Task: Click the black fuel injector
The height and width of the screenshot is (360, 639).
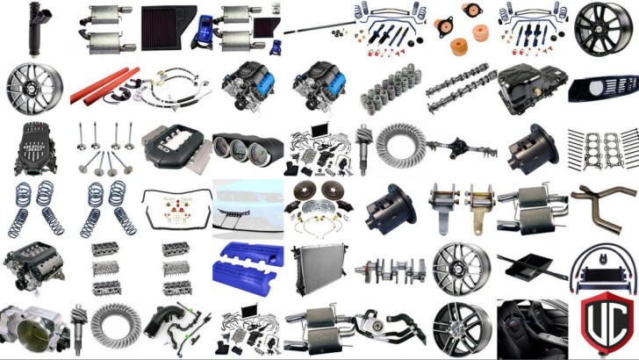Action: (39, 29)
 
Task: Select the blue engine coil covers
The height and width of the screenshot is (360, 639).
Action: (248, 263)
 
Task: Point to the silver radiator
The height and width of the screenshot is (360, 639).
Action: (319, 269)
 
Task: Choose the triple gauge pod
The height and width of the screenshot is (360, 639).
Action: (248, 149)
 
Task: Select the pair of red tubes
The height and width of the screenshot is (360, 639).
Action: (104, 86)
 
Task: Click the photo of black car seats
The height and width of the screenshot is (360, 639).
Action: (532, 328)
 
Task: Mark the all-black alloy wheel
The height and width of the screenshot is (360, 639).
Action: (603, 29)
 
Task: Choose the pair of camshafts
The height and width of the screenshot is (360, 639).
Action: (462, 88)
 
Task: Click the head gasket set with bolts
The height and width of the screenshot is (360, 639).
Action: (603, 149)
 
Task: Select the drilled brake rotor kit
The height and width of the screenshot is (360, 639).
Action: (319, 208)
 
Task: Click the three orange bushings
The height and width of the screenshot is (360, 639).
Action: (462, 29)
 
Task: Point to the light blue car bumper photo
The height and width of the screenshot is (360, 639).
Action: (248, 209)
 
